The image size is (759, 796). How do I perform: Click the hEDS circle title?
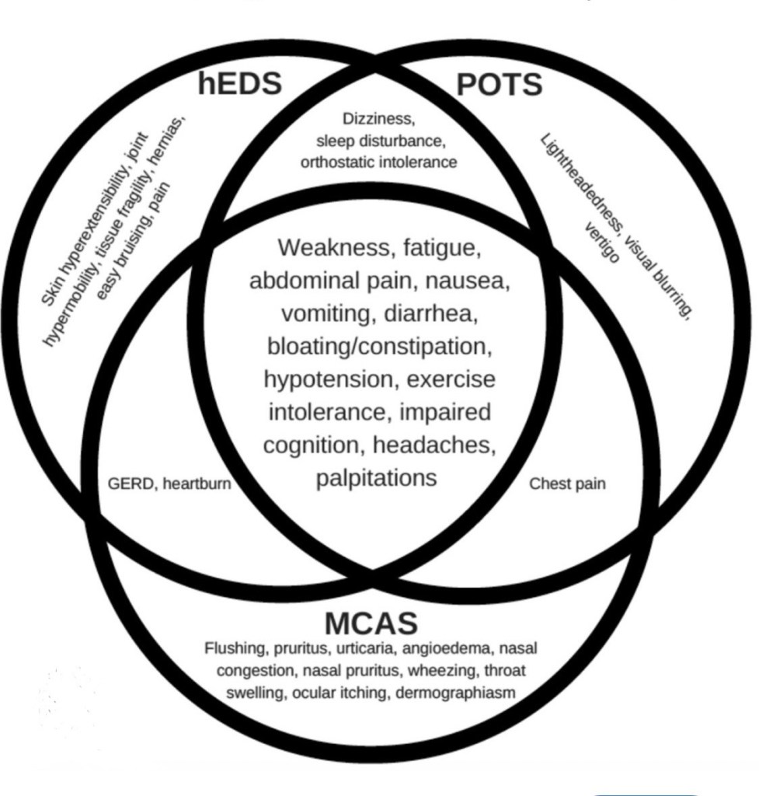coord(239,83)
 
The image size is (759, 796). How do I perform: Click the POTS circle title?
coord(499,84)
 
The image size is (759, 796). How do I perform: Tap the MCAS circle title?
coord(371,623)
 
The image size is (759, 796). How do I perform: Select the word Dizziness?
coord(379,120)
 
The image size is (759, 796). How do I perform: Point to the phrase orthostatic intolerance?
coord(379,162)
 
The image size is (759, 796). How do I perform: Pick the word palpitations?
coord(377,477)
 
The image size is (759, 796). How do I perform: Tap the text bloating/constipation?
coord(378,346)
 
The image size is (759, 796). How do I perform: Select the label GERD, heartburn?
coord(169,484)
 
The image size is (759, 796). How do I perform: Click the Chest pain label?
coord(567,484)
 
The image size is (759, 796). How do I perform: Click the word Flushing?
coord(231,648)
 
